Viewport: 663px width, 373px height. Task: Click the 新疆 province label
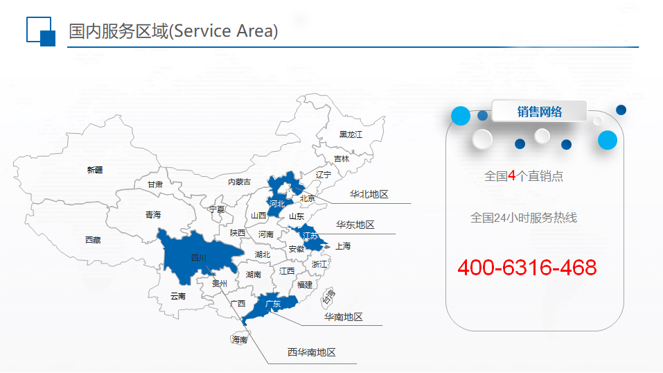(95, 170)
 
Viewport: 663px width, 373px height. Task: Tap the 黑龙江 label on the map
(351, 135)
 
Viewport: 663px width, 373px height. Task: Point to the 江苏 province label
(310, 236)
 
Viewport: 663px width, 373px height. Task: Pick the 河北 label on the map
(277, 204)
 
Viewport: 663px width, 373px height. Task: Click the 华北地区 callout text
(369, 194)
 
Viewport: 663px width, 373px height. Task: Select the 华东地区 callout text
(355, 225)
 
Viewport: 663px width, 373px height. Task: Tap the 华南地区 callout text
(344, 317)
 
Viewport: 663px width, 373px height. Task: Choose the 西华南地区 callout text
(312, 352)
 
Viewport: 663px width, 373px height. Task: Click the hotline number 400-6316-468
(527, 268)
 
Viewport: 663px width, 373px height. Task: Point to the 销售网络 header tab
(539, 112)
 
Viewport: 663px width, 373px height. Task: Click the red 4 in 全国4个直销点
(512, 175)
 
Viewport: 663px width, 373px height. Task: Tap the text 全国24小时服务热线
(524, 218)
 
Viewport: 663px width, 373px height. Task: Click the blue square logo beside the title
(41, 31)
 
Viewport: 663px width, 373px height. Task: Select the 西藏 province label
(93, 240)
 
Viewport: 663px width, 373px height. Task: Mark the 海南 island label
(239, 340)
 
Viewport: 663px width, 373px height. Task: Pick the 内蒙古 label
(239, 182)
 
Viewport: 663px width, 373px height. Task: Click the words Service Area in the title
(223, 31)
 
